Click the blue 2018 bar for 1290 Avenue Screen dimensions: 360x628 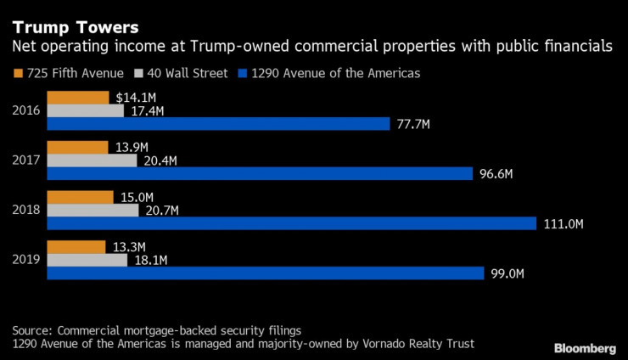(x=291, y=223)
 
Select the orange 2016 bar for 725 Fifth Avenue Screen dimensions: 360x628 (x=77, y=98)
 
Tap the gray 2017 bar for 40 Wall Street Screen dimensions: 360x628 (x=92, y=160)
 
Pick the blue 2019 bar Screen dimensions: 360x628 (x=266, y=273)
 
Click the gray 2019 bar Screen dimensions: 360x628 (x=87, y=260)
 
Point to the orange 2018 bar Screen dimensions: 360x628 (x=80, y=197)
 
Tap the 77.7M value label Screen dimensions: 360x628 (x=413, y=124)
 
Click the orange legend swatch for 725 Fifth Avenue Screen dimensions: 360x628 (x=18, y=73)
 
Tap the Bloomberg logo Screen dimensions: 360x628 (x=585, y=348)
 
